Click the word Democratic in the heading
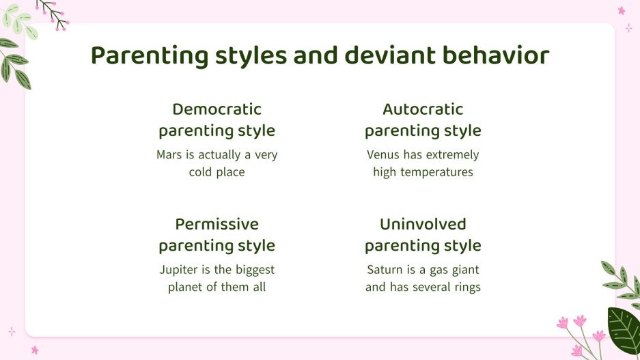coord(217,109)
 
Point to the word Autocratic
coord(423,109)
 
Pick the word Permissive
coord(217,224)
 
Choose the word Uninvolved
coord(423,224)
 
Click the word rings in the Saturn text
coord(464,287)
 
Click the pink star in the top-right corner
coord(622,10)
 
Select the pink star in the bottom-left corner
coord(34,350)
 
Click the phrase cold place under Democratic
coord(217,172)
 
